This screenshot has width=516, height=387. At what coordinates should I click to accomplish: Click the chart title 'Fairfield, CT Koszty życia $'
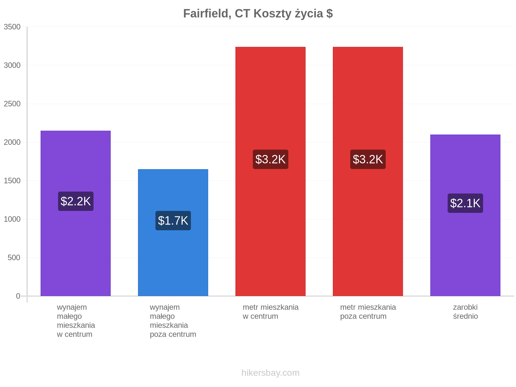point(258,14)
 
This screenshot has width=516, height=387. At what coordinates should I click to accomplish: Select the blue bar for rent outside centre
point(173,233)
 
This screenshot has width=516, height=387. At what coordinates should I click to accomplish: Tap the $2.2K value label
point(76,201)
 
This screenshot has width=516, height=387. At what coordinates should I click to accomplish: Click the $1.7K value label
point(173,220)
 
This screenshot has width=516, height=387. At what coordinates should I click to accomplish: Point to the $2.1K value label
point(465,203)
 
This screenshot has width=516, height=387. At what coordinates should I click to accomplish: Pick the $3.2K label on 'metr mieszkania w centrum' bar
point(271,159)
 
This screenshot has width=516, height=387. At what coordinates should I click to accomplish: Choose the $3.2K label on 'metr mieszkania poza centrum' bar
point(368,159)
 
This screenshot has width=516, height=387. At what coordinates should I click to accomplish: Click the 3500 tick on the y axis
point(12,27)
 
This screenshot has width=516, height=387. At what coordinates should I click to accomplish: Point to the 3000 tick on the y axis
point(12,65)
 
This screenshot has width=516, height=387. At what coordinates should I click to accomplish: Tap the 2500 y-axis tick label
point(12,104)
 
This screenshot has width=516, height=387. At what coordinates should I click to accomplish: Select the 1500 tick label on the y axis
point(12,181)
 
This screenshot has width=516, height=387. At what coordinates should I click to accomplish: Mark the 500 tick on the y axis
point(14,258)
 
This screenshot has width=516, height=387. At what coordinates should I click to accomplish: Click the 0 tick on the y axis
point(18,296)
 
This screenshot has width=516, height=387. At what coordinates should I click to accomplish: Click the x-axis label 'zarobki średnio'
point(465,312)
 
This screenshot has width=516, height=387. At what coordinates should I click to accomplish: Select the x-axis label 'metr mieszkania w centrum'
point(271,312)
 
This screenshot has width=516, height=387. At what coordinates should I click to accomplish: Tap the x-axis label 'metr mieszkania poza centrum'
point(368,312)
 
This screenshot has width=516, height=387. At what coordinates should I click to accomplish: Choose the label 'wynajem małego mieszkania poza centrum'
point(173,321)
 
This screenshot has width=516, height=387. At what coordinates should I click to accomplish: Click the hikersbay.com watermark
point(271,373)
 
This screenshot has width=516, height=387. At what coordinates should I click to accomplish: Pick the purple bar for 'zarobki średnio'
point(465,215)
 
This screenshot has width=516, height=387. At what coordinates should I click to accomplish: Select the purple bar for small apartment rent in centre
point(76,213)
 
